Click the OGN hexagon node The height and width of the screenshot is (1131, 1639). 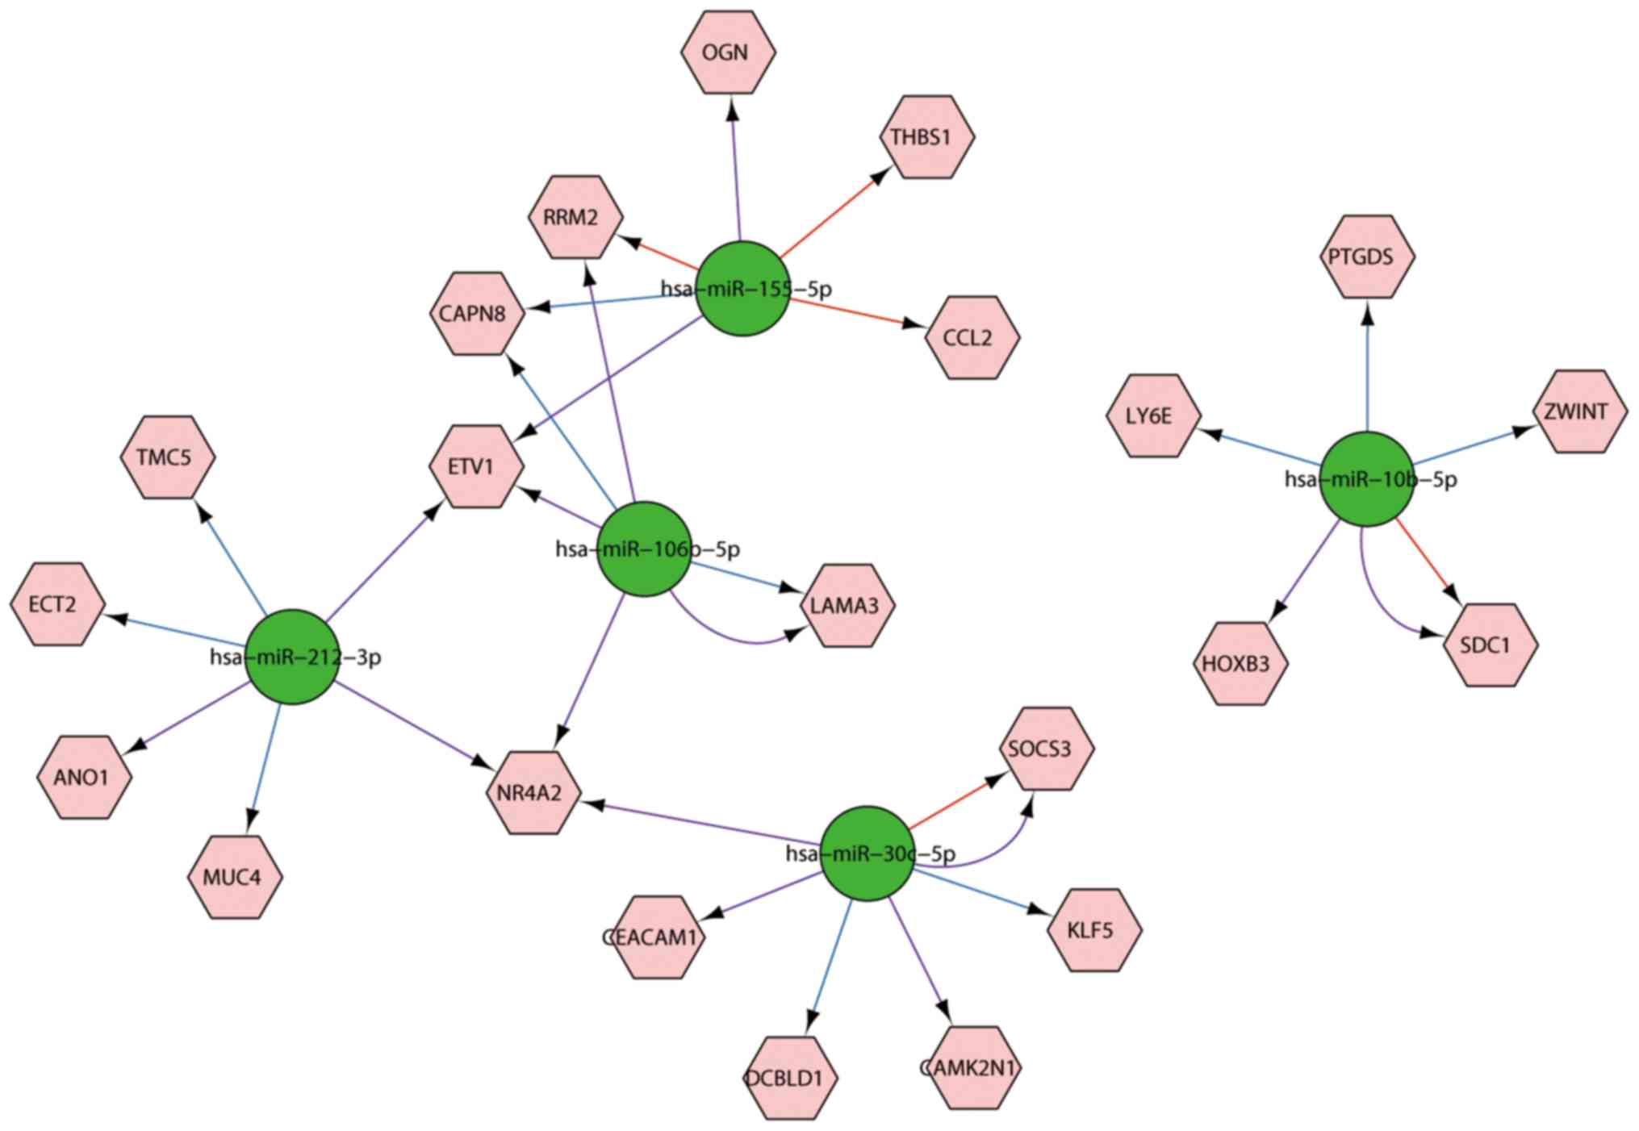point(728,52)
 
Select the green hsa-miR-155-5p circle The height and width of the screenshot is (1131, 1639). point(742,289)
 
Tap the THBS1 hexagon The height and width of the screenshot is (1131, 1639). point(926,137)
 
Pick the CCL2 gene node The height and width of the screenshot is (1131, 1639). point(972,337)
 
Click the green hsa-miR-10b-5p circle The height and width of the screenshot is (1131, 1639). point(1367,480)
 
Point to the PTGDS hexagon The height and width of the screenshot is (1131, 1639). point(1369,257)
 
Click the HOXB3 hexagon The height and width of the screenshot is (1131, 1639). point(1240,664)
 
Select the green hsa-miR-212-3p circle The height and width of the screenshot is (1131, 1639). point(292,657)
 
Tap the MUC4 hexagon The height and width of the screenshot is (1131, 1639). point(235,877)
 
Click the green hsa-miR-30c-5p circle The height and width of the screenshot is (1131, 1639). point(868,853)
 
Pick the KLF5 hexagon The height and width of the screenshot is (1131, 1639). point(1093,930)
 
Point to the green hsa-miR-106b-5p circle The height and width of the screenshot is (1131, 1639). point(644,549)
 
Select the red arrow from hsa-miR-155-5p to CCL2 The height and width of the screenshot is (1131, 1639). point(855,314)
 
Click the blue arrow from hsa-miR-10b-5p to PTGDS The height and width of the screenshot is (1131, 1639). point(1367,371)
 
